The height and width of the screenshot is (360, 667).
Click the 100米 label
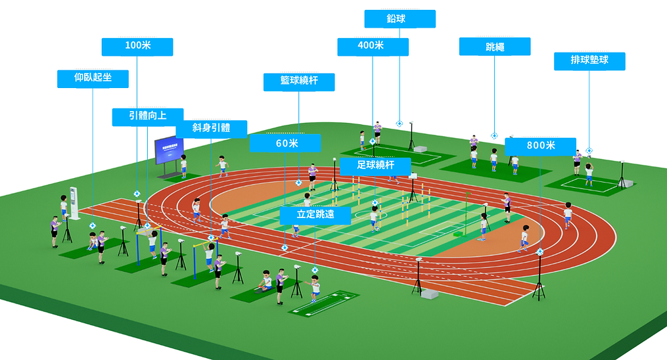tap(137, 47)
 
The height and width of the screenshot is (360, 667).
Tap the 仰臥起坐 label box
tap(93, 79)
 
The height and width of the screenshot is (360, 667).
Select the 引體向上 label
tap(148, 117)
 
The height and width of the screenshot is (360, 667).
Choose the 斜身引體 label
tap(211, 129)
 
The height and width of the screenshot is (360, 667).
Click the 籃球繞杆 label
tap(299, 82)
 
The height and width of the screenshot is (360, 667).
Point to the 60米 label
tap(285, 143)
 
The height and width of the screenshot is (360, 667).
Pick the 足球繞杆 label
tap(375, 166)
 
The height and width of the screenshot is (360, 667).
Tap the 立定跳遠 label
tap(315, 215)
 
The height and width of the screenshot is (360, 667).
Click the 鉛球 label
tap(400, 18)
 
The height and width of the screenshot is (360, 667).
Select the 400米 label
tap(373, 47)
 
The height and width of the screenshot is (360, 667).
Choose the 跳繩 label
tap(495, 47)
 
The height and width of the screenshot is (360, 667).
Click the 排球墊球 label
tap(589, 61)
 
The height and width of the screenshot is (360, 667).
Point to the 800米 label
tap(541, 146)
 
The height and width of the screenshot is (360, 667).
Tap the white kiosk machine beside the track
tap(74, 203)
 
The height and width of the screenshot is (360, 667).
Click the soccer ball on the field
tap(377, 229)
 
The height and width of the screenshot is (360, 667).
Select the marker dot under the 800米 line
tap(540, 252)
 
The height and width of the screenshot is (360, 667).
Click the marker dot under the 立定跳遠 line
tap(315, 270)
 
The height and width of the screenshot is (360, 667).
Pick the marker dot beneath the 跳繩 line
tap(494, 136)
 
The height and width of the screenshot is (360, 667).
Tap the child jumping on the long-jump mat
tap(314, 289)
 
